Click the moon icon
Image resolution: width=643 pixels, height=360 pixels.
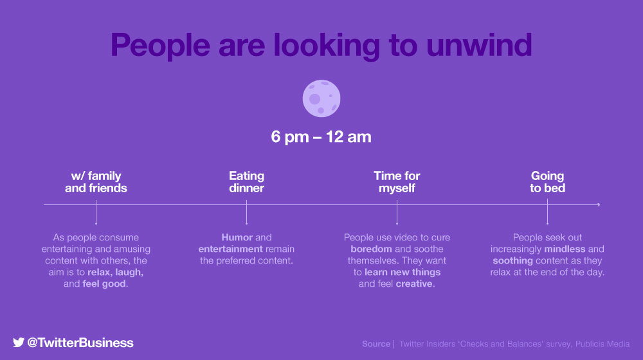coord(321,98)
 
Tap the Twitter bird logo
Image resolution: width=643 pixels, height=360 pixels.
coord(19,343)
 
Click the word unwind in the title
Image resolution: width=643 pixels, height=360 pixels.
coord(479,45)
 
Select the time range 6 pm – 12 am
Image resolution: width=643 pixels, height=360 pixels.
coord(321,137)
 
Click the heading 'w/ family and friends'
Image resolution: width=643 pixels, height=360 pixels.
coord(96,182)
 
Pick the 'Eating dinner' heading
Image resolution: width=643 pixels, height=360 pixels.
coord(246,182)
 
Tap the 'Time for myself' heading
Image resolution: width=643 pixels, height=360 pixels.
coord(397,182)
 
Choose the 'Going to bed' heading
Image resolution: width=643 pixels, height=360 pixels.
coord(547,182)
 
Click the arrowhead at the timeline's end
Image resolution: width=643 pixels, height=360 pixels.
coord(599,204)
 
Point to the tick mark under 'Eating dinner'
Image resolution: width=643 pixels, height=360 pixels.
coord(246,212)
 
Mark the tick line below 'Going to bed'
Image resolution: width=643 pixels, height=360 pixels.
coord(547,212)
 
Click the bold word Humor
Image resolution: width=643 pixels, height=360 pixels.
coord(237,237)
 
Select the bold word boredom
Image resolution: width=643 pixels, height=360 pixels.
coord(371,249)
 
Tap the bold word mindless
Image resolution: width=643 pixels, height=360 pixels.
coord(565,249)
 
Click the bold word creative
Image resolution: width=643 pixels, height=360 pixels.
coord(413,283)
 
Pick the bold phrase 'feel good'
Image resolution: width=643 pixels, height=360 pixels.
coord(104,283)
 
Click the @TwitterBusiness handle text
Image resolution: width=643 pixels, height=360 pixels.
coord(80,343)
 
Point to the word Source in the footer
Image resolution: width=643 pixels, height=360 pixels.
coord(376,344)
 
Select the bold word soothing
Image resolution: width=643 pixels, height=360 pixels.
coord(512,261)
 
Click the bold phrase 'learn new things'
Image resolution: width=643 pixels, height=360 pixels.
coord(403,273)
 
